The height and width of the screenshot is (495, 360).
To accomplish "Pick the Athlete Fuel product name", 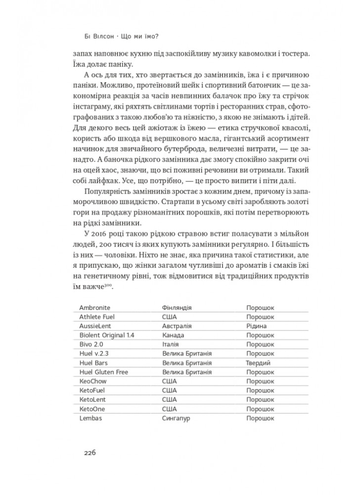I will coord(96,317).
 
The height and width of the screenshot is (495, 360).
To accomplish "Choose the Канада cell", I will coord(173,335).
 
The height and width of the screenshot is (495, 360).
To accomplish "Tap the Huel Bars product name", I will coord(94,363).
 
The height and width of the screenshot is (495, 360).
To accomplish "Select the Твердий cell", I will coord(258,363).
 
